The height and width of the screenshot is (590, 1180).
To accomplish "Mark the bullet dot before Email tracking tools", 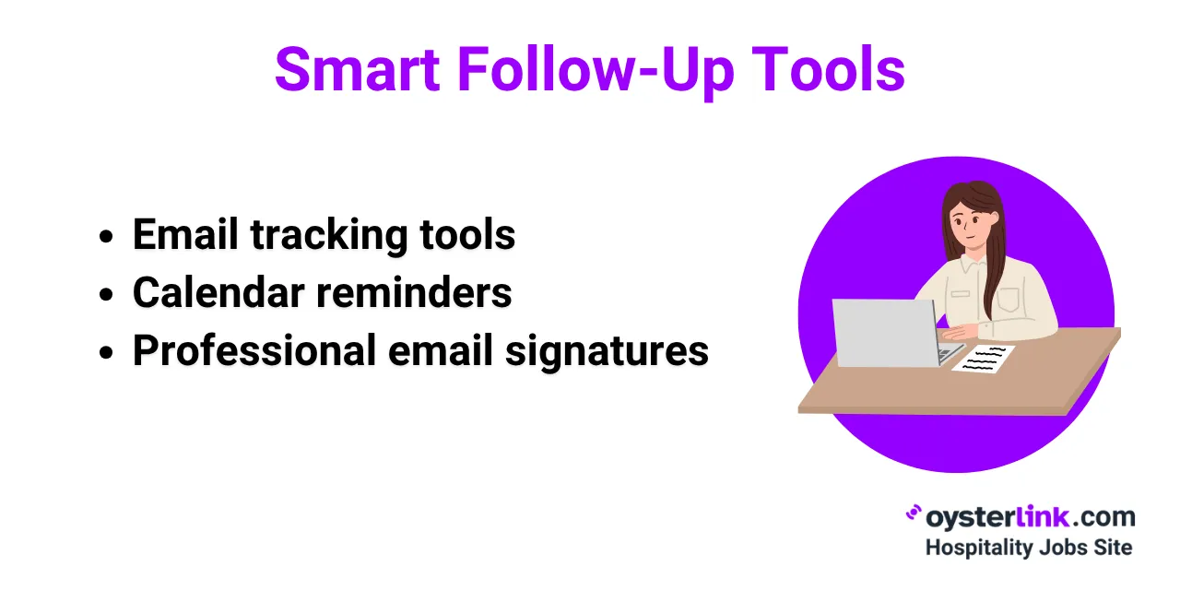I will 106,237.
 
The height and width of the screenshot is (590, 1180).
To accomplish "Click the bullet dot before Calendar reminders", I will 106,295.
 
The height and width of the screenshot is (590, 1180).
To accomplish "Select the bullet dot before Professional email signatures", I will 106,353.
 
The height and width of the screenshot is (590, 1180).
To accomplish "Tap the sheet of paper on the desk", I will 984,357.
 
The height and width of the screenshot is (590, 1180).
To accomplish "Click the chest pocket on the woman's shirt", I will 1008,298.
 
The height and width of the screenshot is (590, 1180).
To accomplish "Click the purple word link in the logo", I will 1046,516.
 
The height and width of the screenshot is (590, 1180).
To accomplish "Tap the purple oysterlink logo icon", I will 914,513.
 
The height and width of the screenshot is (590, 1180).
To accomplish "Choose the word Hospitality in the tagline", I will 979,547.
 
